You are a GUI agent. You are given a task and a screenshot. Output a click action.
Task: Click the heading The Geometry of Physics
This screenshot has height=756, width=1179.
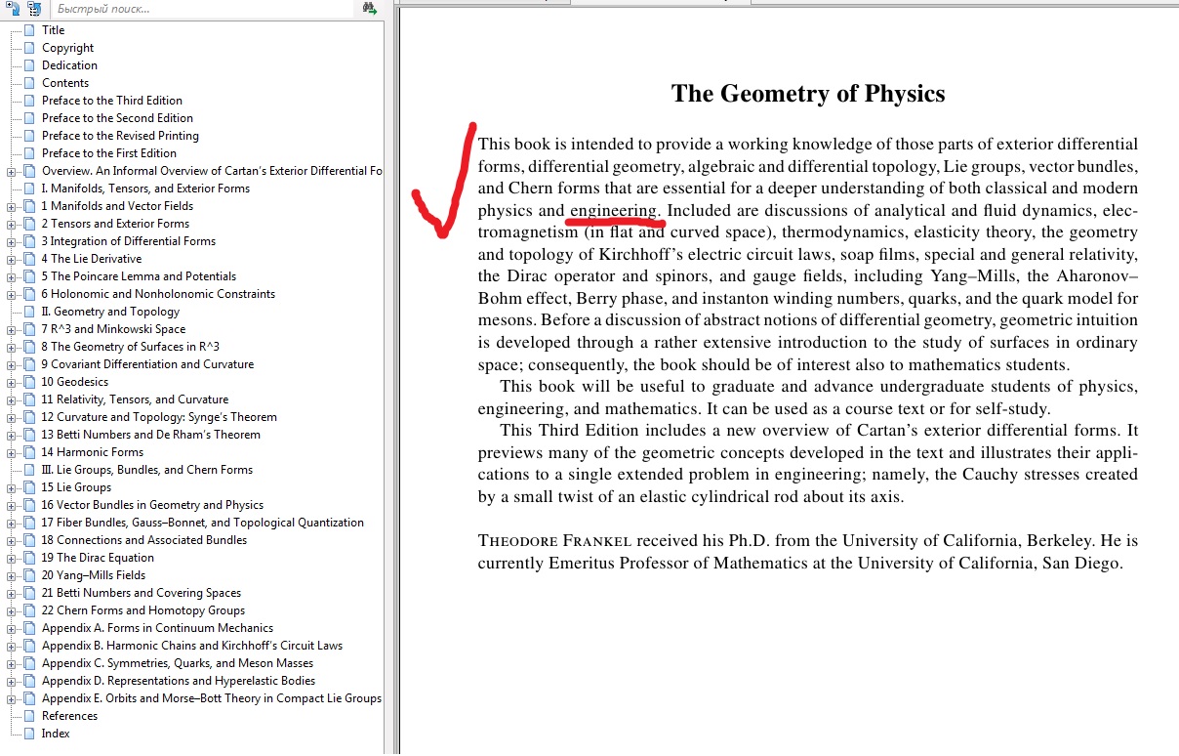(x=808, y=94)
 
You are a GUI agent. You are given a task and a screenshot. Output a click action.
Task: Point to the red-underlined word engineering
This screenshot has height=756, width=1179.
(x=614, y=211)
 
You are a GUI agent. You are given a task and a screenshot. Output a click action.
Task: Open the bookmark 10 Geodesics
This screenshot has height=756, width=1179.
(x=74, y=382)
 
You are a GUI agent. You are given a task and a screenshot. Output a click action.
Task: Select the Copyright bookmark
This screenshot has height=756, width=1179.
(x=67, y=48)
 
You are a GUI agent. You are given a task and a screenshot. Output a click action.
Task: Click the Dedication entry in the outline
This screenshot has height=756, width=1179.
(x=69, y=65)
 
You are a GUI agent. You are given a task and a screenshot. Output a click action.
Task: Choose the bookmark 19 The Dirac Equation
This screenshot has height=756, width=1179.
(x=97, y=558)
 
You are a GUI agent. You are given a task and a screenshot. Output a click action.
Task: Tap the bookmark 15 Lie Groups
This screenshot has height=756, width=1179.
(x=76, y=487)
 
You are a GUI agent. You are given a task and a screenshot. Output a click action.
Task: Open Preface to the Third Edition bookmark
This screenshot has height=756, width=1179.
(x=111, y=101)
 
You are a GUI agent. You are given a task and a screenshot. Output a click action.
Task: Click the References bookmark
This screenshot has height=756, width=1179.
(x=69, y=716)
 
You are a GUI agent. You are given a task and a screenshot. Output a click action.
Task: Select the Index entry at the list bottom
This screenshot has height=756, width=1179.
(x=56, y=734)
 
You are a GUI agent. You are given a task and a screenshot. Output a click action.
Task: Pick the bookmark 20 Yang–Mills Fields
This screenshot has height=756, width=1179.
(x=93, y=575)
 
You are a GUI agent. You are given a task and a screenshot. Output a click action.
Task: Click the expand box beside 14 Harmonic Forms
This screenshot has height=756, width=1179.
(x=12, y=452)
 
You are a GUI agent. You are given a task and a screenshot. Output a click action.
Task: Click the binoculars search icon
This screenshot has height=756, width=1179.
(x=370, y=9)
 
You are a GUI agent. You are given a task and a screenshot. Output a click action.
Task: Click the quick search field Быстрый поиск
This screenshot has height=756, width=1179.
(x=195, y=9)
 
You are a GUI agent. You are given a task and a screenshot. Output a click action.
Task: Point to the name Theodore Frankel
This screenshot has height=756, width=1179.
(x=554, y=541)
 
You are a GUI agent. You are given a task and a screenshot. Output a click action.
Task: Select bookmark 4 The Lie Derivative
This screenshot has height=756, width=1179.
(x=91, y=259)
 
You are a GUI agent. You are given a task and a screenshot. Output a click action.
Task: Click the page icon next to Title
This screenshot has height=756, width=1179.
(x=29, y=30)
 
